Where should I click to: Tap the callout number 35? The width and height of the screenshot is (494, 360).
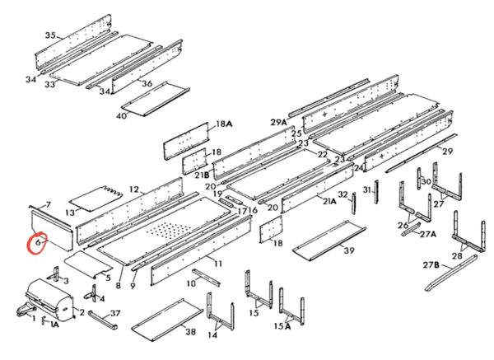point(50,35)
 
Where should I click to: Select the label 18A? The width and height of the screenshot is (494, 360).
point(224,124)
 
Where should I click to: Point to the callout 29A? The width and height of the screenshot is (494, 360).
point(278,122)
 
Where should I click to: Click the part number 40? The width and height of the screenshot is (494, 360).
point(121,116)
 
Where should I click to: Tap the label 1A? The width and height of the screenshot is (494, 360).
point(54,325)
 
